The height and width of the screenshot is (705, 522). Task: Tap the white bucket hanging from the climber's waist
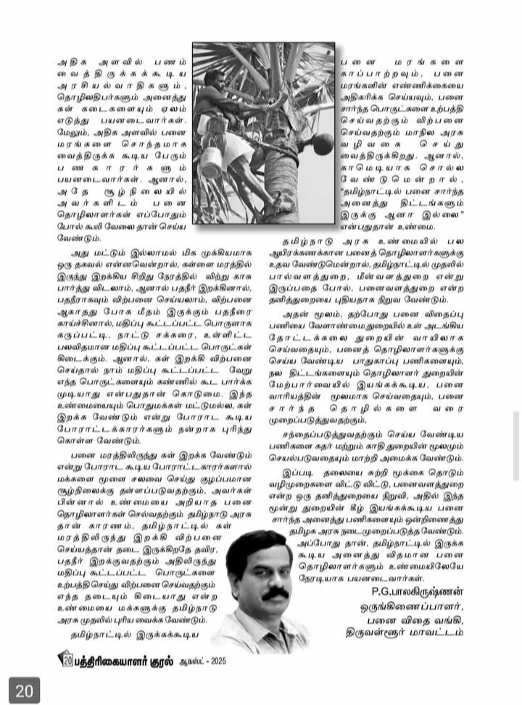212,157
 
